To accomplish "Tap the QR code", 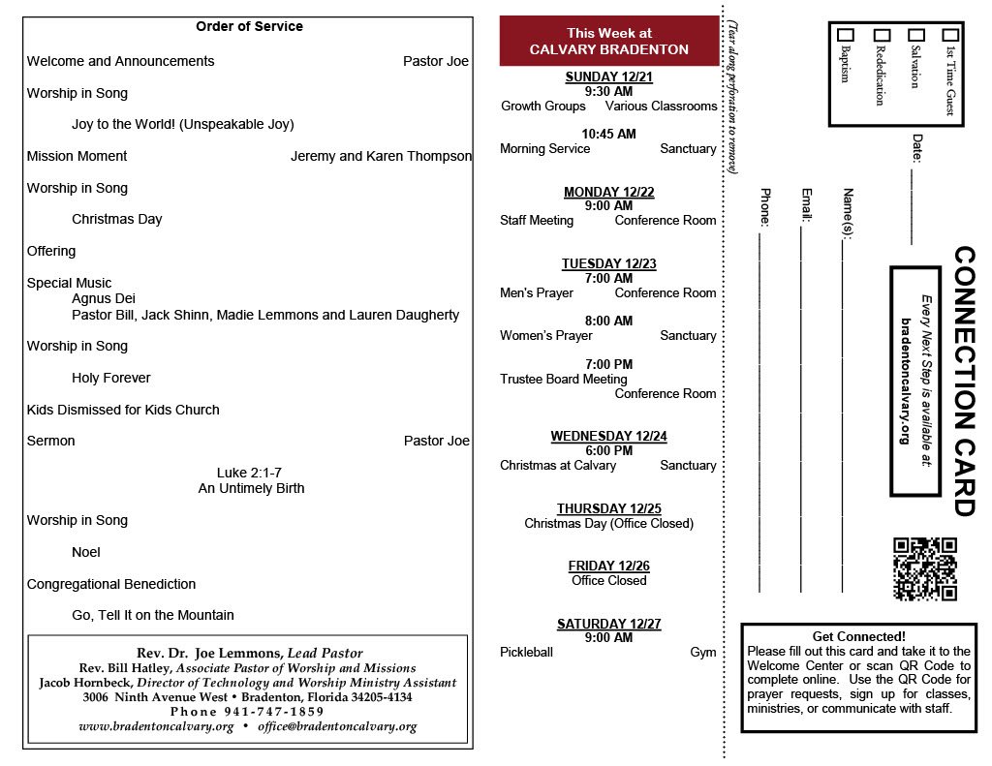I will (x=924, y=568).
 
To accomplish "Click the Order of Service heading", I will (x=249, y=27).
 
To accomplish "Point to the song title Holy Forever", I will (x=111, y=378).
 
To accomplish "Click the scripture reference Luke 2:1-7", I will (x=250, y=473).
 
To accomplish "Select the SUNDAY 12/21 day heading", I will (x=608, y=77).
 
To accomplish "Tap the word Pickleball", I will (x=526, y=652).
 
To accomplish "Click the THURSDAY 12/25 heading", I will (x=608, y=508).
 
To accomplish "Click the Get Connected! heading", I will (x=858, y=636).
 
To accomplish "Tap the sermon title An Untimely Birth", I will (x=251, y=488).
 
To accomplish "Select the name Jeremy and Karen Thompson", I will (x=381, y=156).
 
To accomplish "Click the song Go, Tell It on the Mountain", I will (x=153, y=615).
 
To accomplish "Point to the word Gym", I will (x=703, y=652).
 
